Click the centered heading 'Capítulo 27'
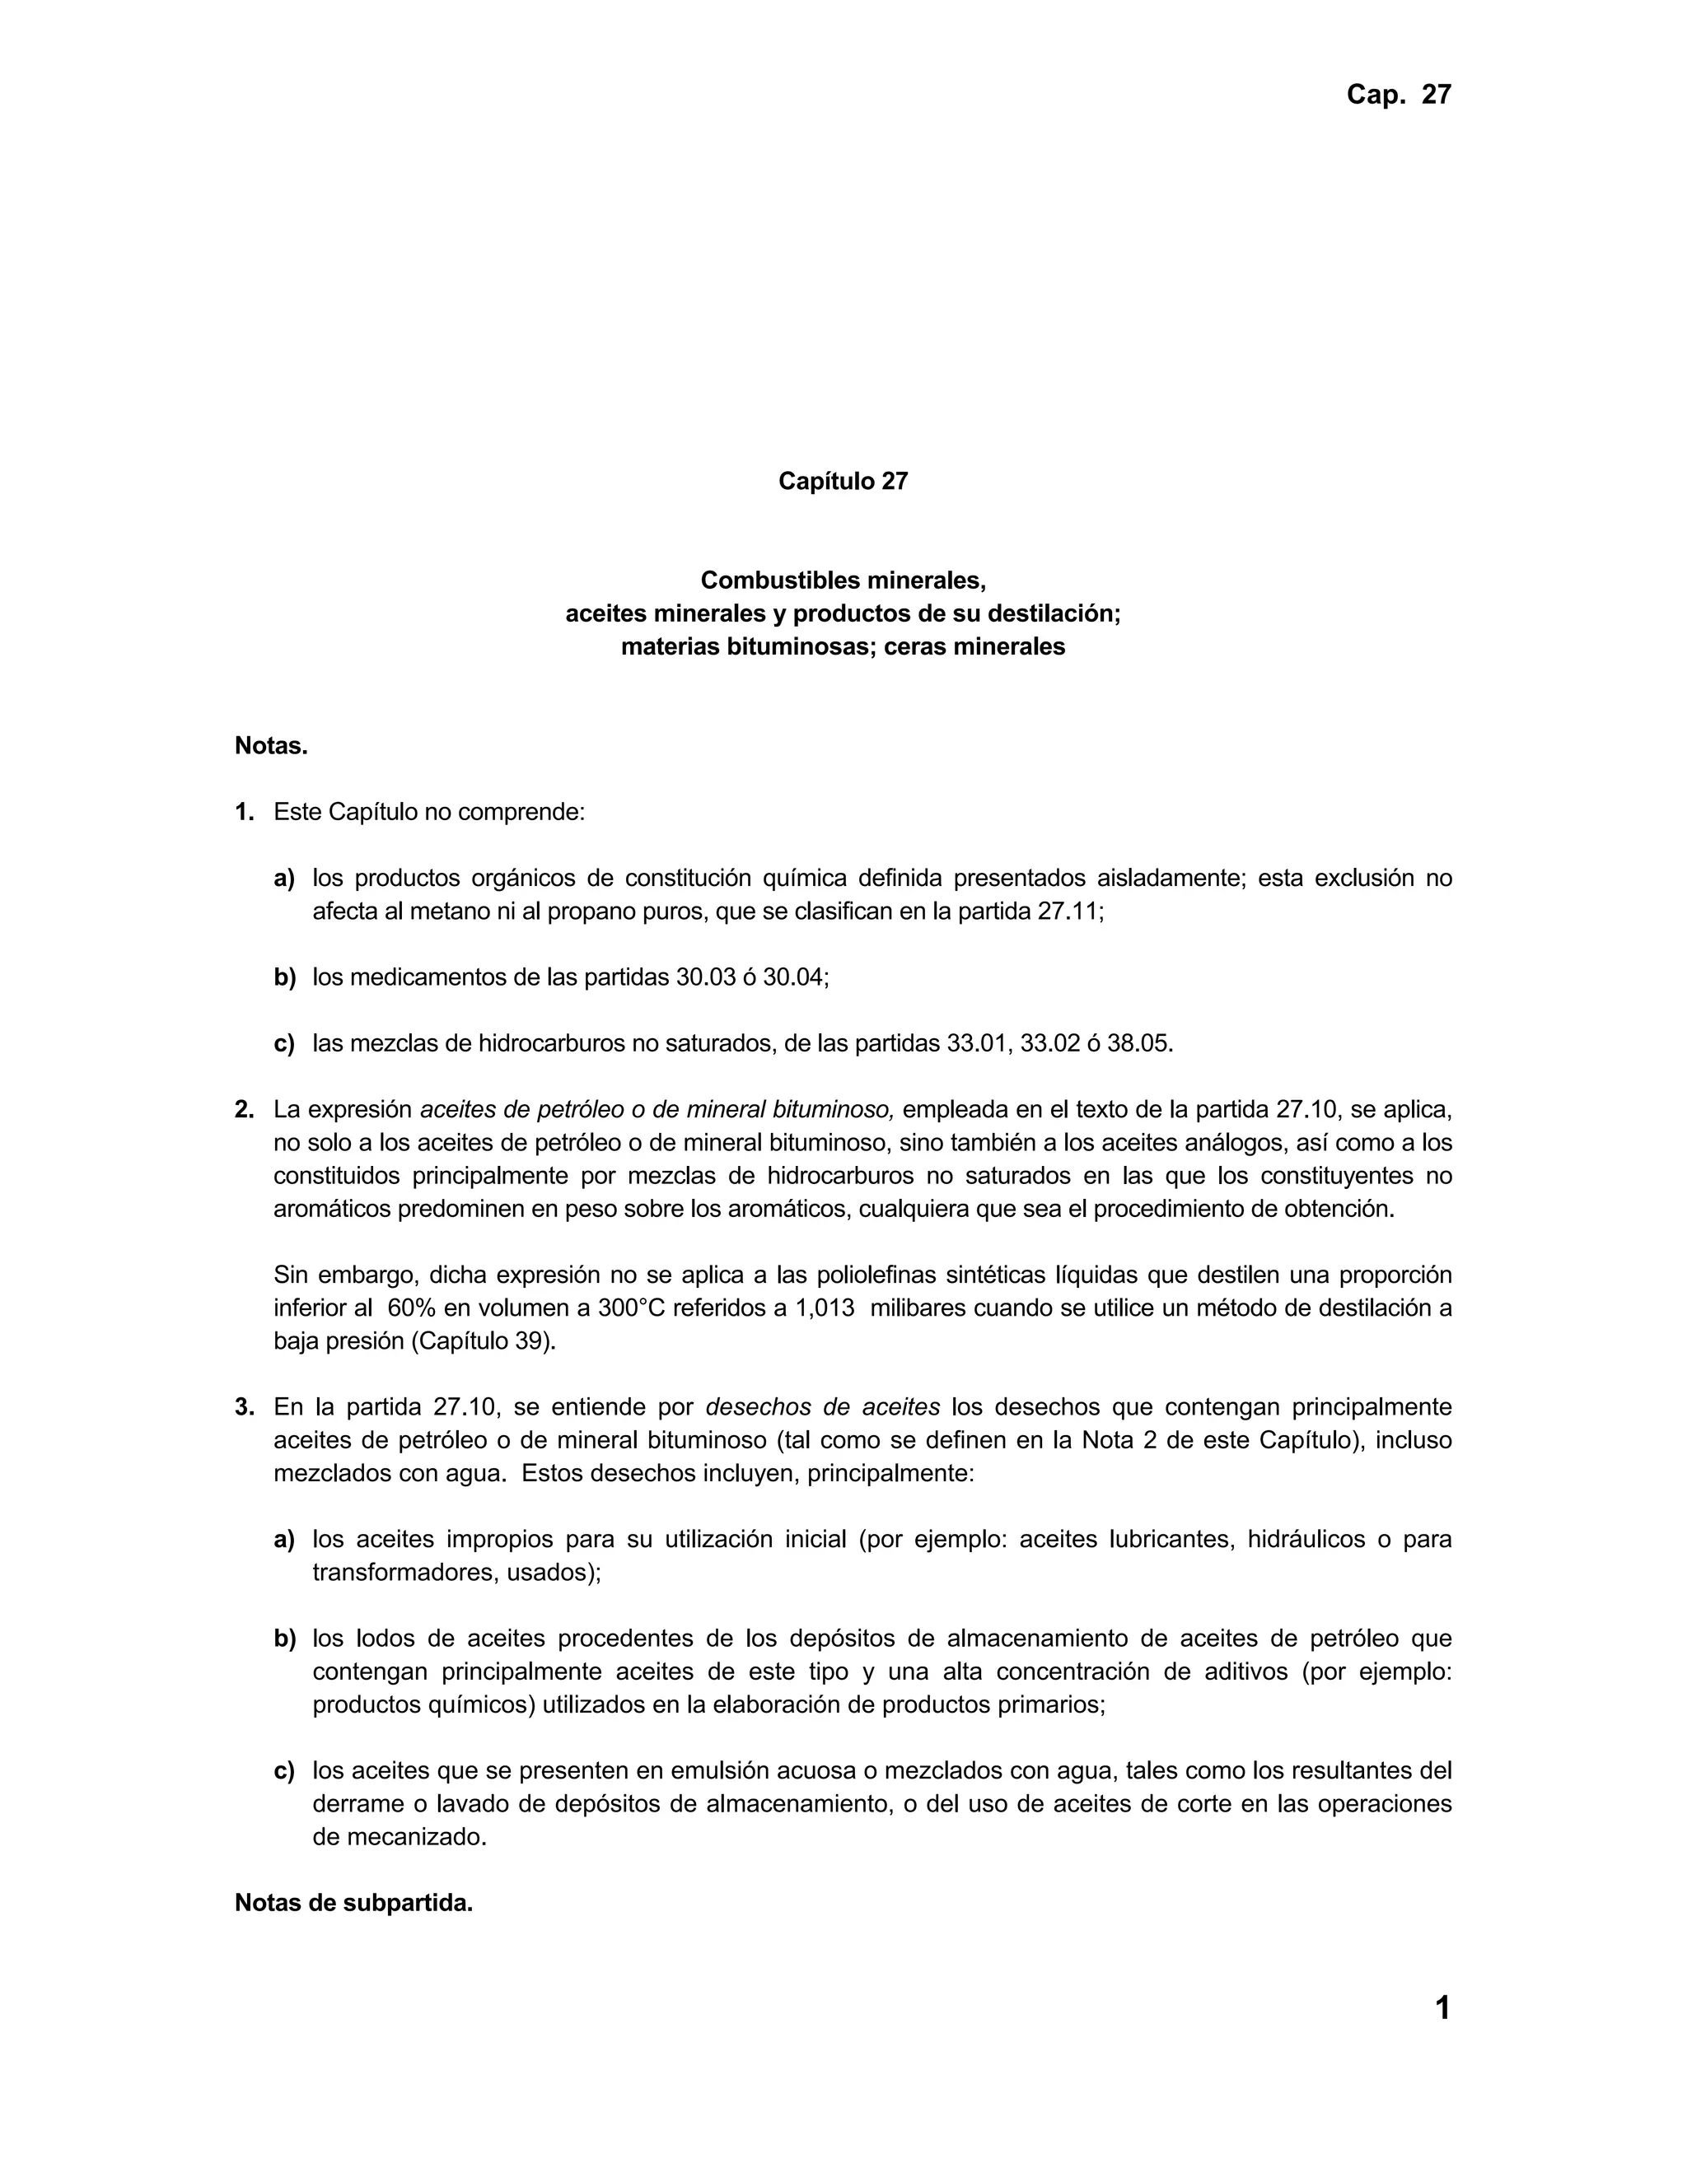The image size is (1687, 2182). point(843,482)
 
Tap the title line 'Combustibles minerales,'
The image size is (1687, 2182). point(843,580)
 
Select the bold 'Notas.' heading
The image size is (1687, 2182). point(271,745)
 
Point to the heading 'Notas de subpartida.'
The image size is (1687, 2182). point(353,1903)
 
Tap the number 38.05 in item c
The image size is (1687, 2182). point(1138,1044)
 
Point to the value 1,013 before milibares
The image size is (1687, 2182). point(824,1308)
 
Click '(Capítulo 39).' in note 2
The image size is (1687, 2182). point(484,1340)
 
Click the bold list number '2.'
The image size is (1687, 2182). point(244,1110)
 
